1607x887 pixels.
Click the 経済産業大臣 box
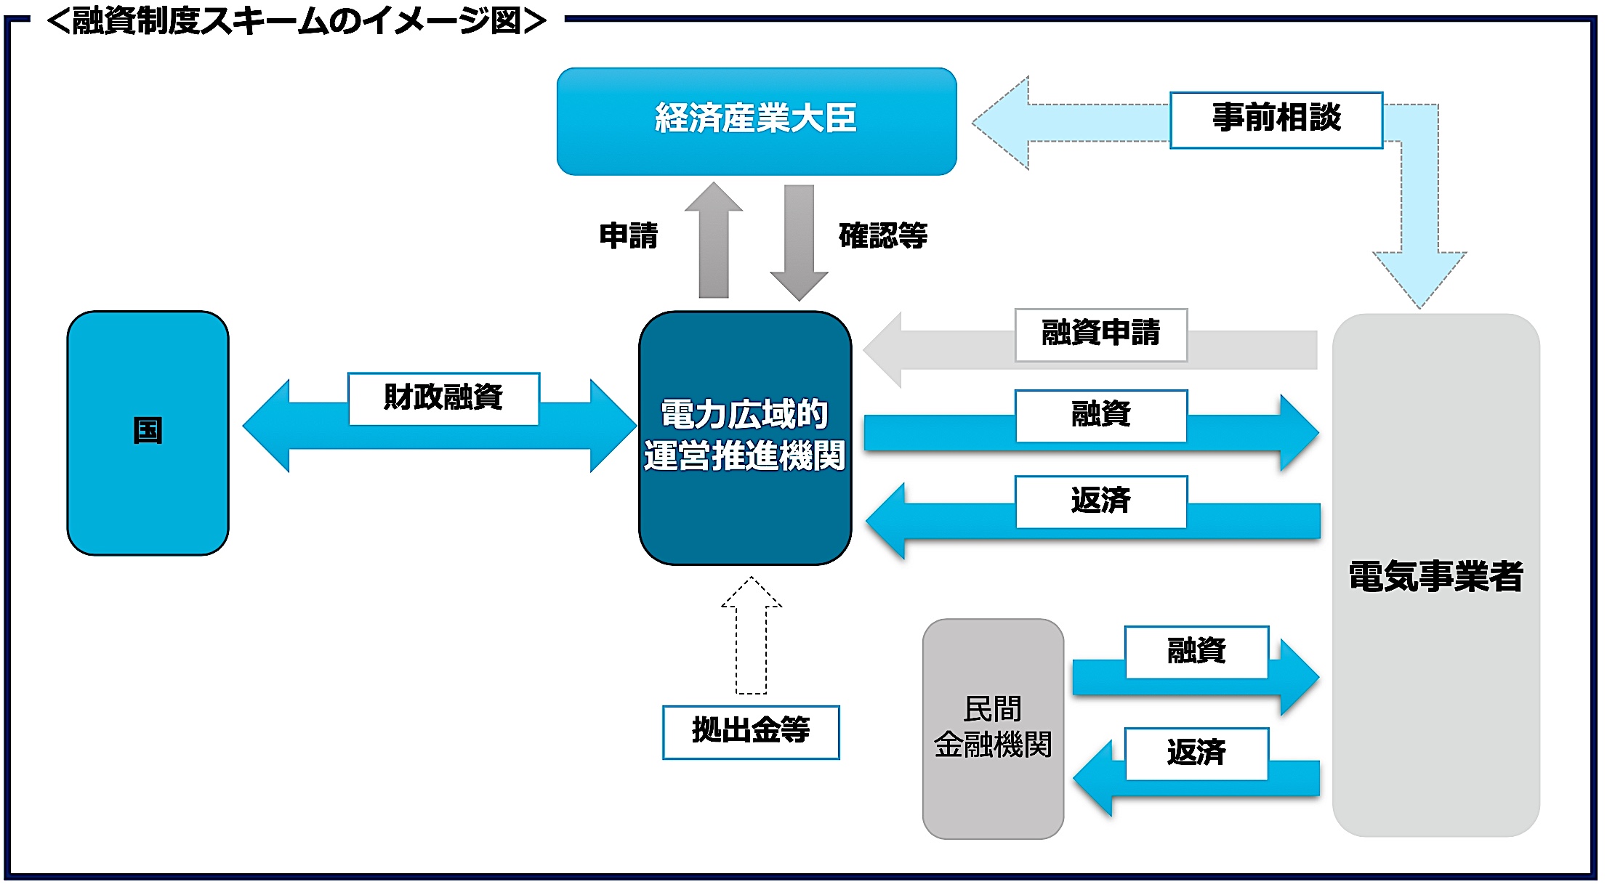tap(756, 121)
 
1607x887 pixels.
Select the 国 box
tap(148, 432)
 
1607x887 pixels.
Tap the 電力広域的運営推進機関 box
tap(744, 437)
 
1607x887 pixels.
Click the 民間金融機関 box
tap(992, 728)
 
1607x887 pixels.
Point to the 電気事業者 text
tap(1435, 577)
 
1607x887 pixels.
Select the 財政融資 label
tap(443, 398)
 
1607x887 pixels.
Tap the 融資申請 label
tap(1100, 334)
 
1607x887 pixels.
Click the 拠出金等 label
tap(751, 732)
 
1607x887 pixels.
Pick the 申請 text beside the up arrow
tap(629, 236)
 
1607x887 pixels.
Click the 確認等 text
tap(883, 236)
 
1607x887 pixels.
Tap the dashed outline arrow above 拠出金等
tap(751, 636)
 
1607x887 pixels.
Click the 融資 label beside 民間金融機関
tap(1196, 652)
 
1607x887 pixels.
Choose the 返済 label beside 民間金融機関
tap(1196, 753)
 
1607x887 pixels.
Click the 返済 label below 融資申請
tap(1100, 501)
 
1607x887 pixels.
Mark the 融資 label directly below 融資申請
tap(1100, 416)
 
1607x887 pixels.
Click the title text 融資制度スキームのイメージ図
tap(297, 21)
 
